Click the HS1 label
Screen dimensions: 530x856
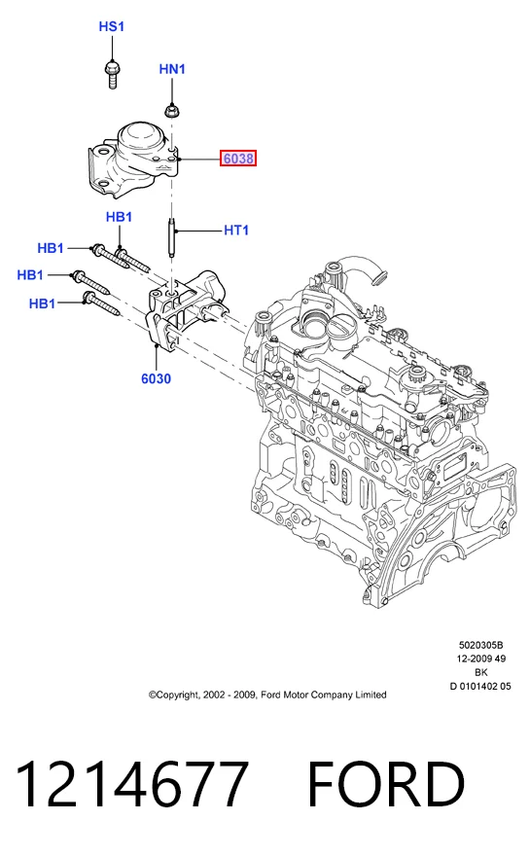point(112,26)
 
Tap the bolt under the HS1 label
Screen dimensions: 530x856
point(113,75)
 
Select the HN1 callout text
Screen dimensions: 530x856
point(172,69)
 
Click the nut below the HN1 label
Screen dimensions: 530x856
point(172,111)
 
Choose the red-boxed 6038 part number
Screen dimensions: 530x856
point(238,159)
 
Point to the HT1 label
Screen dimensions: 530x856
point(236,231)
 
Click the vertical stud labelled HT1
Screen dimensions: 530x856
point(171,238)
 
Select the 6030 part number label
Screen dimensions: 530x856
point(157,378)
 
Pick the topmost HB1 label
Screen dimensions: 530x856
point(119,217)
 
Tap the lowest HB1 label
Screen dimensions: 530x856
point(42,303)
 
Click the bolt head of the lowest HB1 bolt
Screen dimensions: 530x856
point(88,298)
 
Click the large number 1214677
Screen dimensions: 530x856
point(132,783)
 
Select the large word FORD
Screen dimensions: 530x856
point(386,783)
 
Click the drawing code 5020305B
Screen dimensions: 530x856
point(480,645)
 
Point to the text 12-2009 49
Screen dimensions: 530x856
point(480,659)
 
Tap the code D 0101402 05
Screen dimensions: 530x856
point(480,686)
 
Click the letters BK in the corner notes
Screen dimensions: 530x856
point(480,672)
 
